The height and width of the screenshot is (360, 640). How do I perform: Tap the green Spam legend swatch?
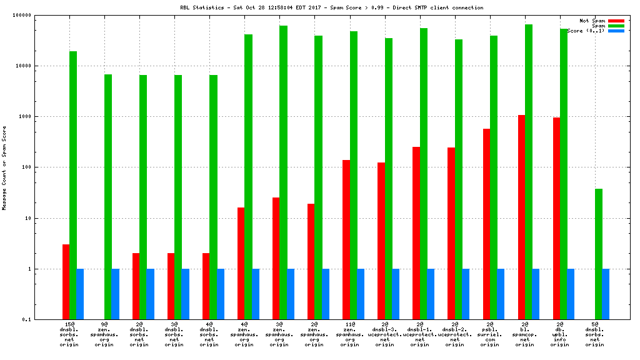[x=616, y=26]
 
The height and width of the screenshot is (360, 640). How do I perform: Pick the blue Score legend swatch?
[x=616, y=31]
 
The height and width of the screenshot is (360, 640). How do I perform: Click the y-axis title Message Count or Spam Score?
[x=4, y=167]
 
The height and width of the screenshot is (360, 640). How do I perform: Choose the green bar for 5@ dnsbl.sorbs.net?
[x=599, y=254]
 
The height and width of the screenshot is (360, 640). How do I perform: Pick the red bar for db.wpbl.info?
[x=556, y=218]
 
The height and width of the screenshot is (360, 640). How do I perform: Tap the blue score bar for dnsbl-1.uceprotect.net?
[x=431, y=294]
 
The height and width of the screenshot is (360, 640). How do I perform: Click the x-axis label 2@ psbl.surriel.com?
[x=489, y=334]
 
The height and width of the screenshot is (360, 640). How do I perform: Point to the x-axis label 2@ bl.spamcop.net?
[x=524, y=334]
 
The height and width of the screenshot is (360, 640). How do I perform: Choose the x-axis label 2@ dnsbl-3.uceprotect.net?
[x=384, y=334]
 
